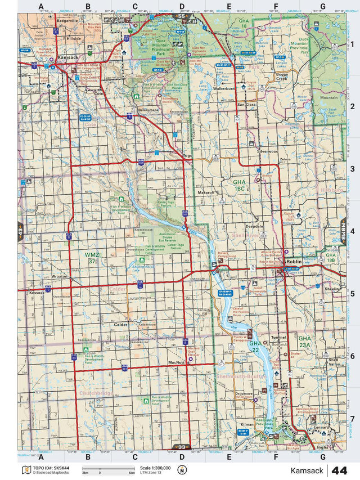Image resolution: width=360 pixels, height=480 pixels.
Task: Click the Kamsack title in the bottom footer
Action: [x=308, y=470]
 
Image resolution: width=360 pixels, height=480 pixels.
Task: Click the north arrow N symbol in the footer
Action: [x=182, y=470]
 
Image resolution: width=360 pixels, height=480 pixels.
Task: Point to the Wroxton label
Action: [x=59, y=277]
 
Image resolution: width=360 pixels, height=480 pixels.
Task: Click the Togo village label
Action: [x=188, y=155]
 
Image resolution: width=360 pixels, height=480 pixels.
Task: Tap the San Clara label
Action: [x=246, y=105]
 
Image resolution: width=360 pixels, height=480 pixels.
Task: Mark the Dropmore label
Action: [x=244, y=393]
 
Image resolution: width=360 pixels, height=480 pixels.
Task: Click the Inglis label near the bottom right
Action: [x=323, y=447]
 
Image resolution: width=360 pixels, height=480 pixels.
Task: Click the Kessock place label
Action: [x=38, y=293]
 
